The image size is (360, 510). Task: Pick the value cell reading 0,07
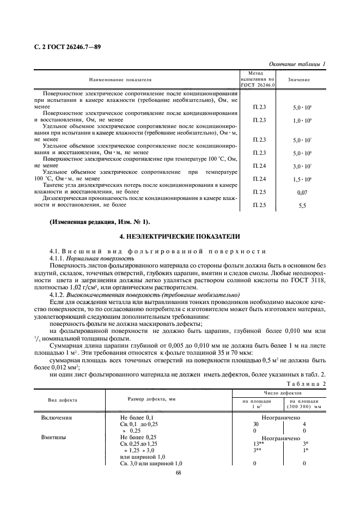coord(302,193)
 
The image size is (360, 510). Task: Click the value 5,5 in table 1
coord(302,208)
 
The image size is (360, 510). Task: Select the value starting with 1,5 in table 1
coord(302,179)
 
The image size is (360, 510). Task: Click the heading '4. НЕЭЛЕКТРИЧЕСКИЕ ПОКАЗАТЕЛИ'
coord(180,237)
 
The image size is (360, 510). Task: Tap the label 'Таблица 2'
coord(306,383)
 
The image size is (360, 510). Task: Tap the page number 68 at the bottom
coord(179,473)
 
